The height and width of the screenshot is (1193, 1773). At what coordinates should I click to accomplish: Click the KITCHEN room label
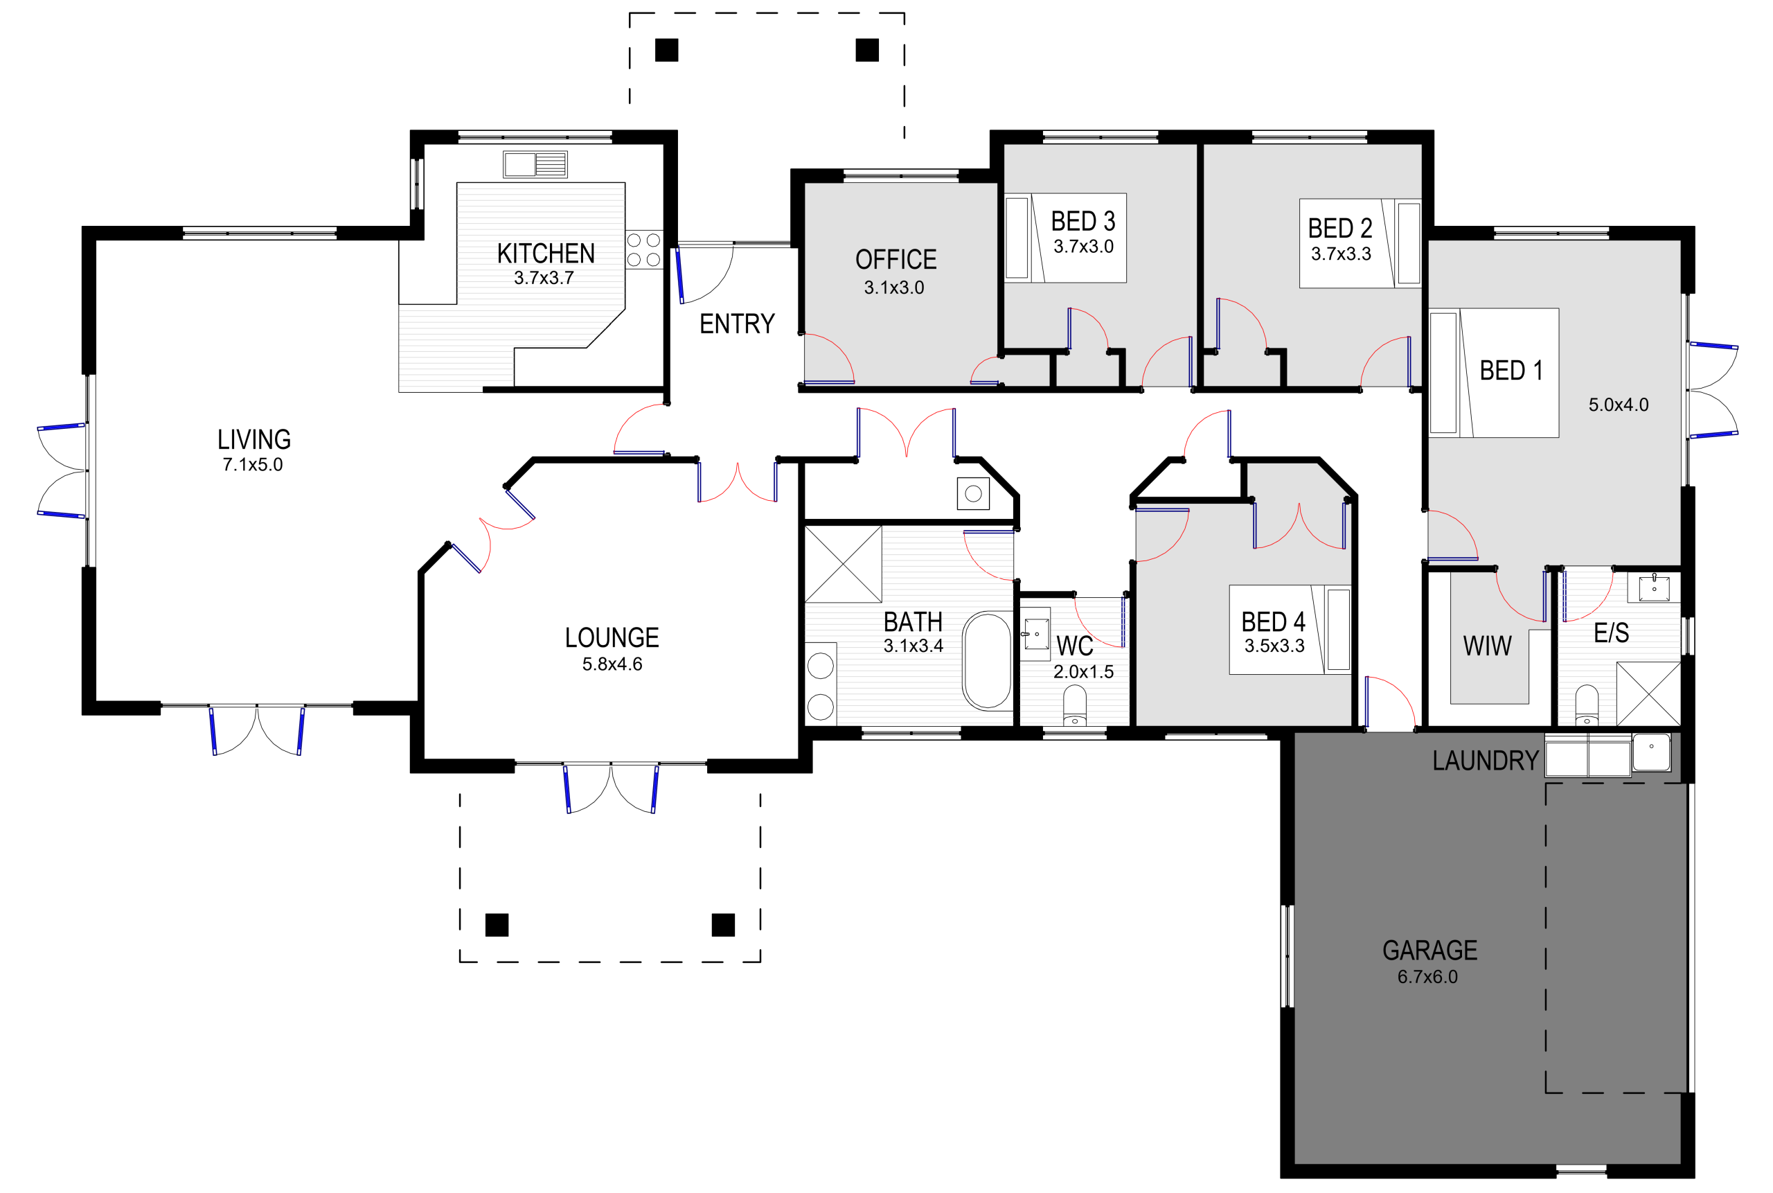tap(545, 254)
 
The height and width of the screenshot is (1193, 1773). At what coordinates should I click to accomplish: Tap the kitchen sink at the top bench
tap(535, 164)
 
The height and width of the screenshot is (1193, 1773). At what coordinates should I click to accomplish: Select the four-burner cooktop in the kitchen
tap(643, 249)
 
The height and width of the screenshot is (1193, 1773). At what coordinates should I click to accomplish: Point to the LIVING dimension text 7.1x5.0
tap(253, 464)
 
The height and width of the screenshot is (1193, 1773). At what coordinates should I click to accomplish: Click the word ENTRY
tap(736, 324)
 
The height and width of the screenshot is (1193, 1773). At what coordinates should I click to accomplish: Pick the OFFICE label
tap(896, 260)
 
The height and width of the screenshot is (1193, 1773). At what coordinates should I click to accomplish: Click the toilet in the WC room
tap(1074, 705)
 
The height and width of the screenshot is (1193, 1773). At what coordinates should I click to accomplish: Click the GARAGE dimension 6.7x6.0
tap(1427, 977)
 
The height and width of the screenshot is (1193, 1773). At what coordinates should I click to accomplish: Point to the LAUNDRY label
tap(1485, 761)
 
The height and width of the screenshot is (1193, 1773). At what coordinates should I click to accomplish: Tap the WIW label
tap(1487, 646)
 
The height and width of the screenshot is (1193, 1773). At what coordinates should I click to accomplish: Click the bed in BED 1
tap(1494, 373)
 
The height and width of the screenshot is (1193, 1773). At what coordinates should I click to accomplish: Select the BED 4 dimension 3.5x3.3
tap(1274, 646)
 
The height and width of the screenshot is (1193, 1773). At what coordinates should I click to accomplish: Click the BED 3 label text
tap(1082, 222)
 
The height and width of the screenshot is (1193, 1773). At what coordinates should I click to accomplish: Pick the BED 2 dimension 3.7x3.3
tap(1341, 254)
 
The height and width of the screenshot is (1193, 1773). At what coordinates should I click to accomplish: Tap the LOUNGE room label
tap(612, 637)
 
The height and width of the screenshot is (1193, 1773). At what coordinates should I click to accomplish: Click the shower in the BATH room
tap(844, 564)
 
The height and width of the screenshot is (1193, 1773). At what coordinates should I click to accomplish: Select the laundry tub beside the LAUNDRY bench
tap(1651, 752)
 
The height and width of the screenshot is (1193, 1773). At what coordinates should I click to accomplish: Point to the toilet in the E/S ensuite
tap(1587, 705)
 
